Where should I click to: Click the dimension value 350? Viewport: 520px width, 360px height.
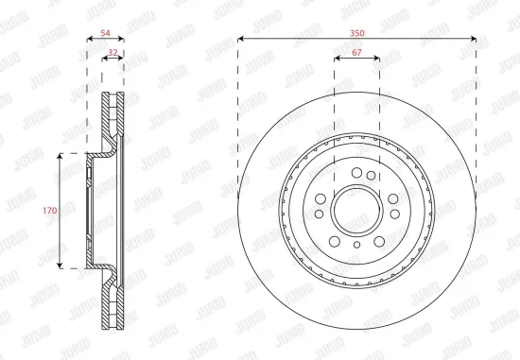tap(356, 33)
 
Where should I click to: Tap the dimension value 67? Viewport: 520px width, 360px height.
tap(356, 54)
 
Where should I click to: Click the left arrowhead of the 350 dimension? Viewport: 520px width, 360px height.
tap(241, 40)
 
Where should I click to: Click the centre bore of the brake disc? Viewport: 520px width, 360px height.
tap(356, 209)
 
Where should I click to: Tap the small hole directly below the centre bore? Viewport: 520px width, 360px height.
tap(356, 244)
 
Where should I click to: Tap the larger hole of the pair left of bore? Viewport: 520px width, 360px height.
tap(321, 199)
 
